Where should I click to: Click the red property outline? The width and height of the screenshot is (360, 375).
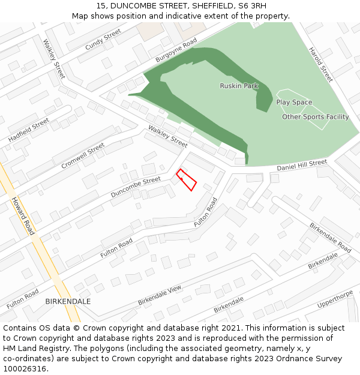point(187,180)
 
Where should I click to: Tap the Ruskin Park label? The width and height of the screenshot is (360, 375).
point(239,86)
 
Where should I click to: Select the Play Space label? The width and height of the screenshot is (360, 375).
point(294,103)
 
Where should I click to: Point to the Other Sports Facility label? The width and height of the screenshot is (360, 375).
point(315,117)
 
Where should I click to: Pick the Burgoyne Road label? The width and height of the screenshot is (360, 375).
point(176,51)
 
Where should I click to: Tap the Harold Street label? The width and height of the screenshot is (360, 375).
point(320,65)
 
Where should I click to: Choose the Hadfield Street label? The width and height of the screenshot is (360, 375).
point(29,130)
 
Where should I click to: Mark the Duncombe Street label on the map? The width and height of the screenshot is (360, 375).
point(136,187)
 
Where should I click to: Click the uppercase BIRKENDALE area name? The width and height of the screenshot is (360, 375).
point(68,301)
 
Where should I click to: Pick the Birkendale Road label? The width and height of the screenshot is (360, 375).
point(331,238)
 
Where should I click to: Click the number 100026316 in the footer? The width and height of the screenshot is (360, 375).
point(25,368)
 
